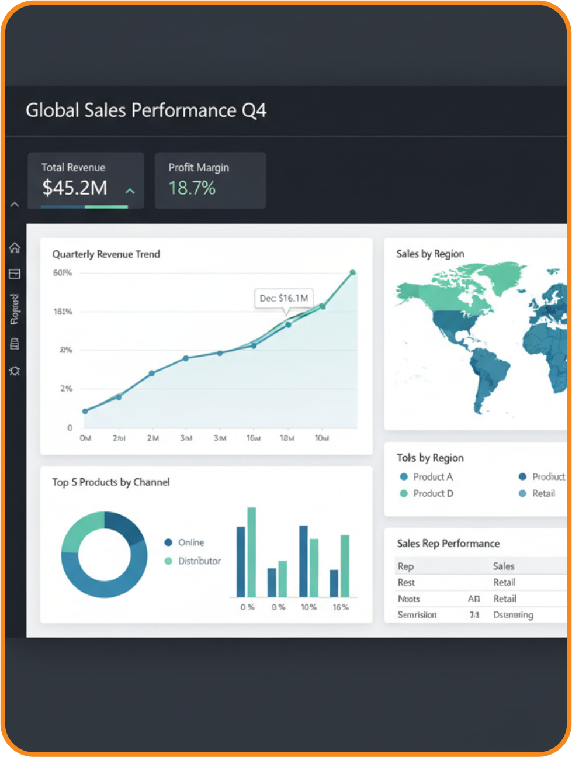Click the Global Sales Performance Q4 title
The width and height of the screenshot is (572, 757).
(x=146, y=110)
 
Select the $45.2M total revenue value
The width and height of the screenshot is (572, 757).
(x=75, y=188)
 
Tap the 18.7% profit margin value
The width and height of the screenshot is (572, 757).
(x=192, y=188)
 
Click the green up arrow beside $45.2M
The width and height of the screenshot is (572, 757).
(x=130, y=191)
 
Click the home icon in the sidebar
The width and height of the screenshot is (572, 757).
(x=15, y=247)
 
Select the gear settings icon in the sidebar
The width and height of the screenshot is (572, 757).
(x=15, y=371)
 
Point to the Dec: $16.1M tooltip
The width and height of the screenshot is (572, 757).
(x=284, y=298)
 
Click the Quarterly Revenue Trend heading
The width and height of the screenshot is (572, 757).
(x=106, y=254)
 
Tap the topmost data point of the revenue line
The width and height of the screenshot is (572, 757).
(x=353, y=272)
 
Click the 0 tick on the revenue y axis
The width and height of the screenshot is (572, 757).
(x=70, y=427)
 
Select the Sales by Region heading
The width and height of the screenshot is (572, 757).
(x=430, y=254)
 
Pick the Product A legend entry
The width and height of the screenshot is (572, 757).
(x=432, y=477)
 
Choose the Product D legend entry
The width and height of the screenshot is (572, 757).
(x=433, y=493)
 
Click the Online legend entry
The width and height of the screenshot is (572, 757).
(x=190, y=542)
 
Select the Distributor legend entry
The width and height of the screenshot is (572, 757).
(x=199, y=561)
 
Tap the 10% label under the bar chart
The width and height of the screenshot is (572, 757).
(x=308, y=607)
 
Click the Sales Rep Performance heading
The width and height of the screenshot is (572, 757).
(x=448, y=544)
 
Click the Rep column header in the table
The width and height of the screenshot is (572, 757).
(x=405, y=566)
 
